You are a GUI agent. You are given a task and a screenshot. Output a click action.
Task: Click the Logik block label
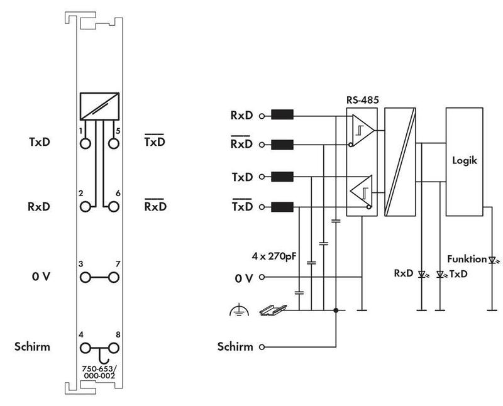tap(465, 160)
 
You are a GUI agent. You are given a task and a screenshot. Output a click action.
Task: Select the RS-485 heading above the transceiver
tap(363, 100)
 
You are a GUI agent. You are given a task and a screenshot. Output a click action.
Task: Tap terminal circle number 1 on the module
tap(86, 144)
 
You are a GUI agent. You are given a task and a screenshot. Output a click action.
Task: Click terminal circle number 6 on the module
tap(114, 207)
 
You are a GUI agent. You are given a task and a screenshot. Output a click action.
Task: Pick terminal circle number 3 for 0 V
tap(86, 277)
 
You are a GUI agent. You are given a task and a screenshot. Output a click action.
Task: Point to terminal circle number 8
tap(114, 348)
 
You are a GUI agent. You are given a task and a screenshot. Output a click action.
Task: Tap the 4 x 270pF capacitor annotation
tap(274, 256)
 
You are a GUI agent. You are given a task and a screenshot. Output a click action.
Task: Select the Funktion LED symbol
tap(493, 260)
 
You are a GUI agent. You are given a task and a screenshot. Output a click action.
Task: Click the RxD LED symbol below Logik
tap(423, 275)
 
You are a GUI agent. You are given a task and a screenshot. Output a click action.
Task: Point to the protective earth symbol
tap(240, 310)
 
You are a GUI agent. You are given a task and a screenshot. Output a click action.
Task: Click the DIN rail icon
tap(273, 310)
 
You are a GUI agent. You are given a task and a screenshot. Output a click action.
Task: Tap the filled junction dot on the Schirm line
tap(336, 310)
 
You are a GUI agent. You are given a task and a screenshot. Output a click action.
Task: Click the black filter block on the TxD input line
tap(282, 177)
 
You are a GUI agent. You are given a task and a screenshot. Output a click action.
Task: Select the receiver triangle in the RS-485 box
tap(363, 131)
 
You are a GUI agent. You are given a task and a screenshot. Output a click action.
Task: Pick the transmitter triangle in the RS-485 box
tap(361, 192)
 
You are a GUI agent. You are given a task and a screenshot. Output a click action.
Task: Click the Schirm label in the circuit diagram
tap(235, 347)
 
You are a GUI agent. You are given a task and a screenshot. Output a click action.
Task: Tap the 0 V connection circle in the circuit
tap(262, 277)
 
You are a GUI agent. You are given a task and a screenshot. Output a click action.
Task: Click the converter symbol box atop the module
tap(99, 106)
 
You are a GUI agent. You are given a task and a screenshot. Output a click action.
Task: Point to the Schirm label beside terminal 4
tap(32, 347)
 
